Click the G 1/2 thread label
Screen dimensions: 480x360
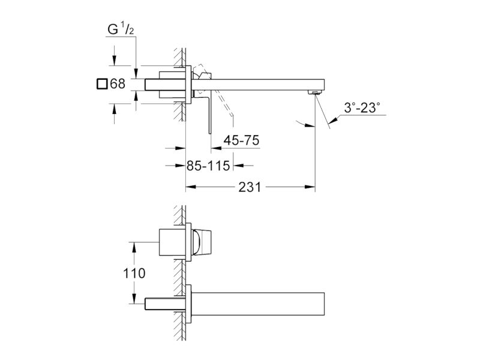coord(121,29)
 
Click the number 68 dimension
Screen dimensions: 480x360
coord(118,83)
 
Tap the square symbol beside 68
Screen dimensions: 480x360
coord(102,84)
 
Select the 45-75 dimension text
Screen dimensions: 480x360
coord(241,140)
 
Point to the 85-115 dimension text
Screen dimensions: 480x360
coord(208,166)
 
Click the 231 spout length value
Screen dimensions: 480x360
coord(250,187)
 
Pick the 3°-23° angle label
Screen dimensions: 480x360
coord(362,108)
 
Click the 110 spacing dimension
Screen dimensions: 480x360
coord(134,273)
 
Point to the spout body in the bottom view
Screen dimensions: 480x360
coord(258,304)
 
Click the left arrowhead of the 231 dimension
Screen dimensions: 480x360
coord(191,187)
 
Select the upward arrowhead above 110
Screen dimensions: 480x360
coord(134,247)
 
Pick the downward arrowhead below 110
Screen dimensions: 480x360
coord(134,298)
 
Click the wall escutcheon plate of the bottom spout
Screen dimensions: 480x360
coord(188,304)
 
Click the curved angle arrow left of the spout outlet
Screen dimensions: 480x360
coord(305,124)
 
